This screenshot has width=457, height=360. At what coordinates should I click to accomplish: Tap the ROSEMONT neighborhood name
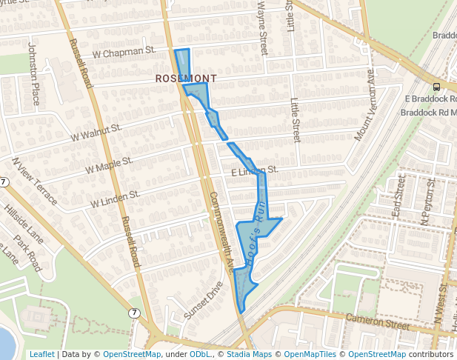pyautogui.click(x=187, y=78)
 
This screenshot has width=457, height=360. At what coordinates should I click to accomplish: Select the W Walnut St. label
pyautogui.click(x=96, y=133)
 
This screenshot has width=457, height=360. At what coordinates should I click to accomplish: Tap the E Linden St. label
pyautogui.click(x=254, y=171)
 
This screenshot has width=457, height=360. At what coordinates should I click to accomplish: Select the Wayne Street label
pyautogui.click(x=262, y=27)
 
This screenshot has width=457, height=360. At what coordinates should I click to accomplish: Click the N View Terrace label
pyautogui.click(x=34, y=181)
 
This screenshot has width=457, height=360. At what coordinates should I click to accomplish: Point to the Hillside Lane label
pyautogui.click(x=22, y=227)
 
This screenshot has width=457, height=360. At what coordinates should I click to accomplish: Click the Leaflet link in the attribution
pyautogui.click(x=41, y=355)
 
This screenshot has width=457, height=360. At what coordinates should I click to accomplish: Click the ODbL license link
pyautogui.click(x=200, y=355)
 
